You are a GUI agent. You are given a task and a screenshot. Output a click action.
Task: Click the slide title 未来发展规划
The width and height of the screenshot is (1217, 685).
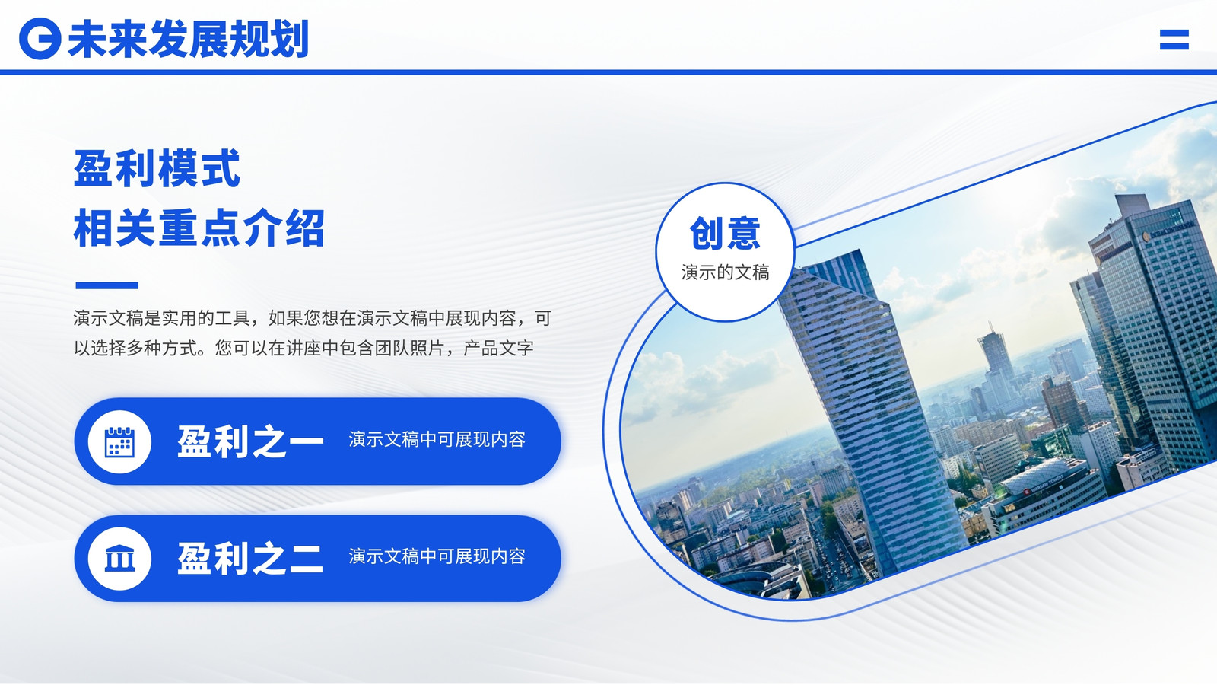click(189, 39)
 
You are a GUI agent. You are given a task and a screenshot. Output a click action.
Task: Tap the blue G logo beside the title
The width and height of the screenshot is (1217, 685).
click(40, 39)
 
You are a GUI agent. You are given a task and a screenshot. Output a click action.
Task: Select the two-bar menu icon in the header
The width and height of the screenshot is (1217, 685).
click(1174, 40)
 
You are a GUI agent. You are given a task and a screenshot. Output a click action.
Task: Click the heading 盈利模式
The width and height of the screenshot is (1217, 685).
click(157, 168)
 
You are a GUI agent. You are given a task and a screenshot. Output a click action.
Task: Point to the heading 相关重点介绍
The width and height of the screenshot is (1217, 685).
click(199, 228)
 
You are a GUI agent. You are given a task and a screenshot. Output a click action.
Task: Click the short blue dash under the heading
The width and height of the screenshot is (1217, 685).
click(107, 285)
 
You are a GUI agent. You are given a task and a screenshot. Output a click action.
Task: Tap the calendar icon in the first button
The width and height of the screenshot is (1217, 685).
click(119, 441)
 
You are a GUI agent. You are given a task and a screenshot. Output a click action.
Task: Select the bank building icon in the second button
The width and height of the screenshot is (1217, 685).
click(119, 559)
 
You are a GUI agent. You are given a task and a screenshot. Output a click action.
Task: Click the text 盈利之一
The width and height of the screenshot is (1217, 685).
click(250, 441)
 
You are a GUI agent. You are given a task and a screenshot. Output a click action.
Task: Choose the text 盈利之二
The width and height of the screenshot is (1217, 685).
click(250, 559)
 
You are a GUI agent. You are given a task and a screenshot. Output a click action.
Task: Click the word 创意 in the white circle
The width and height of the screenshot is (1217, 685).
click(725, 233)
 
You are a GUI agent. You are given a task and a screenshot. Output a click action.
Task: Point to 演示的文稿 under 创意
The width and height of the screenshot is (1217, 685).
click(726, 272)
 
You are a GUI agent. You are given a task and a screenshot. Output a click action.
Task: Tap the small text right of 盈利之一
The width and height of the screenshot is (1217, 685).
click(437, 439)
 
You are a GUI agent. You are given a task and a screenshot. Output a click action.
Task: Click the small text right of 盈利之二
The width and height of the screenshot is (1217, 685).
click(437, 556)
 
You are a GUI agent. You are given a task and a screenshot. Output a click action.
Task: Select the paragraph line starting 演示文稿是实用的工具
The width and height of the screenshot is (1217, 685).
click(313, 318)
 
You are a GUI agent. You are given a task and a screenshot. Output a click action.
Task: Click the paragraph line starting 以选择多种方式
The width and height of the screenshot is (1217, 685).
click(303, 348)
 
